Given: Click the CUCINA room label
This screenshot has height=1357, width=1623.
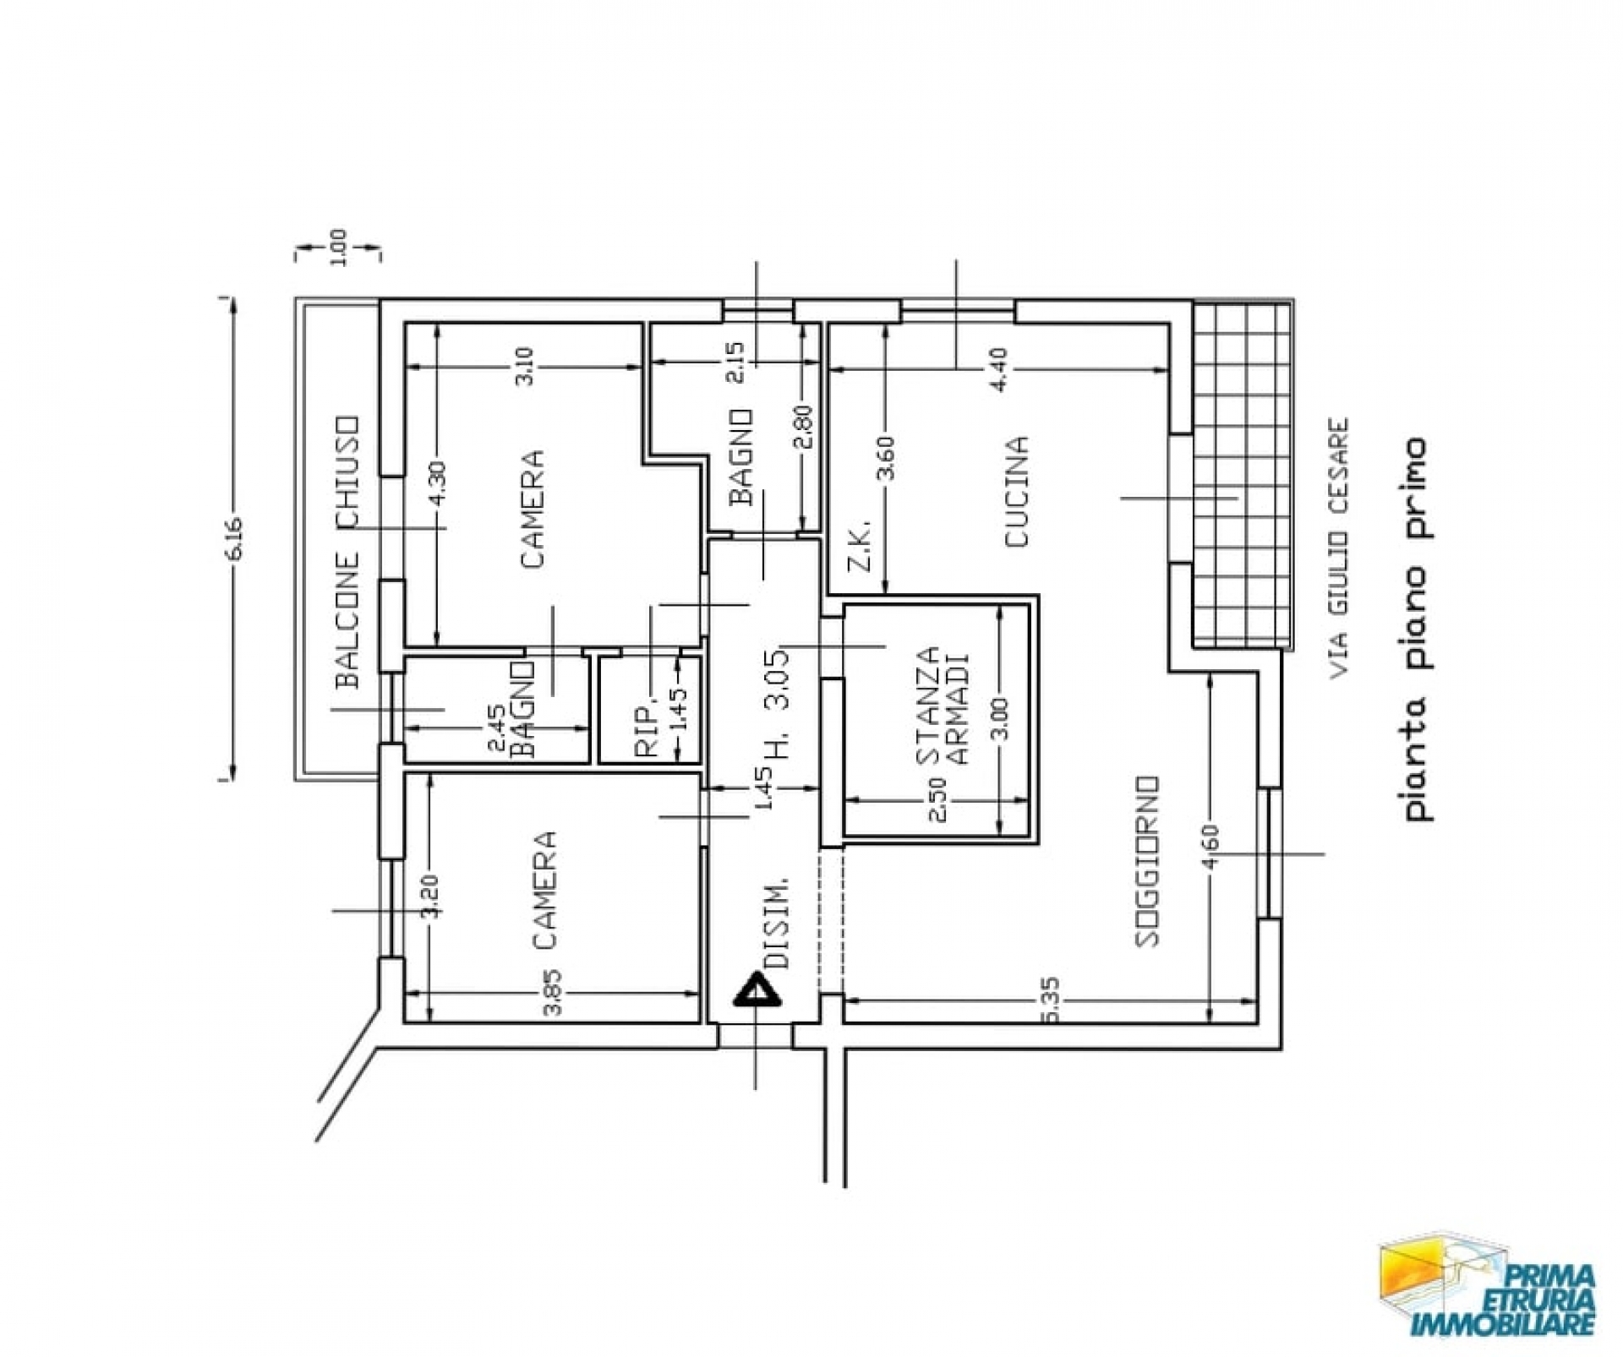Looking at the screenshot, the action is point(1017,492).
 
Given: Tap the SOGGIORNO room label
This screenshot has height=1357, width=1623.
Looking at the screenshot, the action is point(1147,860).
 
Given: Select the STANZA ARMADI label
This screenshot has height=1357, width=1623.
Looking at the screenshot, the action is point(943,706).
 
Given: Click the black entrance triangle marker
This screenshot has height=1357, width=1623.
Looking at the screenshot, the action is point(757,989).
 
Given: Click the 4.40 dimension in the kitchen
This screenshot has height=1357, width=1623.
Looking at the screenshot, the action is point(998,369).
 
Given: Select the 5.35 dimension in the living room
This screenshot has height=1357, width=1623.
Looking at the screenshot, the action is point(1052,1000).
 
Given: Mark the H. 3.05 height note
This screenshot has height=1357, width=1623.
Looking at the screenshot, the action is point(779,701).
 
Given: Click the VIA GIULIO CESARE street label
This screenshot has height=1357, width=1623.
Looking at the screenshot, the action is point(1338,549).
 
